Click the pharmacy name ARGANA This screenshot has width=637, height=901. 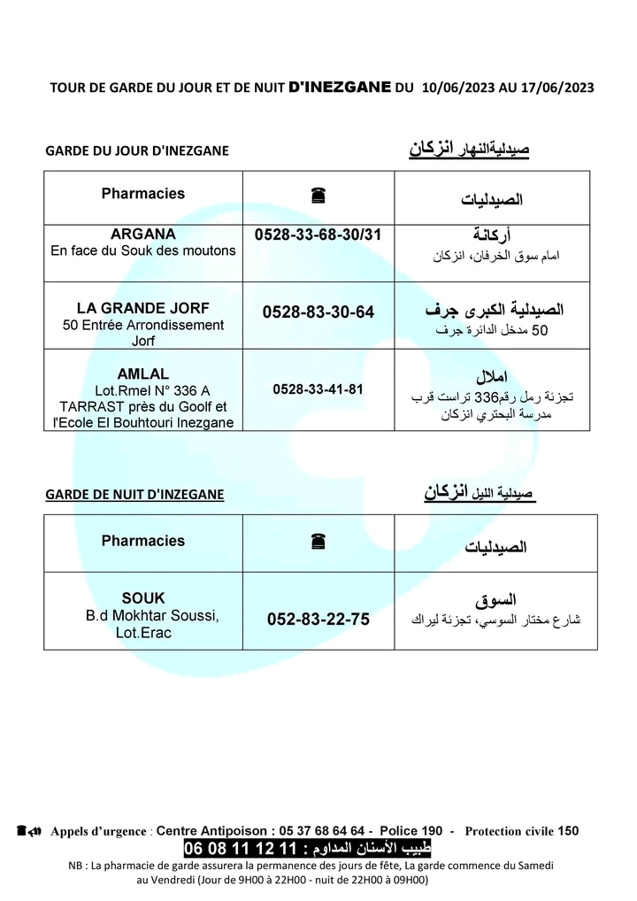(x=143, y=235)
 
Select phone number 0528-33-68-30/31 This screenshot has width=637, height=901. (x=318, y=235)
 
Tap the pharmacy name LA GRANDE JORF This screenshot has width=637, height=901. (x=143, y=308)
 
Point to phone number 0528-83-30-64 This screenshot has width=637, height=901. (x=318, y=312)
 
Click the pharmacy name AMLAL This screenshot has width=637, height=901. (x=143, y=373)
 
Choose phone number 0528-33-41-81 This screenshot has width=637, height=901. (x=318, y=389)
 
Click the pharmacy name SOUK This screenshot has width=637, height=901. (x=143, y=598)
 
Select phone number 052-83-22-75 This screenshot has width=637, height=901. (x=318, y=620)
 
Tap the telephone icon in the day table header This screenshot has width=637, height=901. (x=318, y=197)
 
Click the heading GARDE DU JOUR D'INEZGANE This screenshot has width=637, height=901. (x=137, y=150)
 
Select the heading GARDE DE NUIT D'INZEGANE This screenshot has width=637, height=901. (x=134, y=494)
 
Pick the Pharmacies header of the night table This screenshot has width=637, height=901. (x=143, y=541)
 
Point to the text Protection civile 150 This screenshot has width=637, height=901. (x=521, y=831)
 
